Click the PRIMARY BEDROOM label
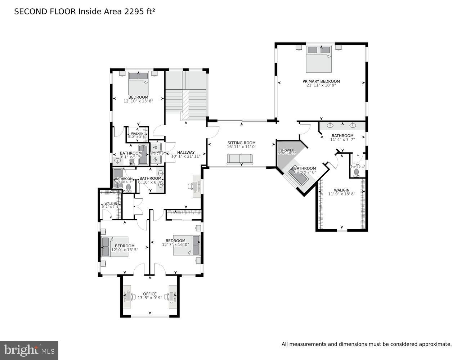tap(321, 81)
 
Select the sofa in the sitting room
tap(241, 159)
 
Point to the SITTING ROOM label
tap(241, 143)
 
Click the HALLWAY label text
tap(185, 152)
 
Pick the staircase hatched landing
tap(185, 105)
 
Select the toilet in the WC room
tap(357, 172)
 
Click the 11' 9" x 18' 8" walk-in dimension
tap(341, 194)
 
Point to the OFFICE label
tap(150, 294)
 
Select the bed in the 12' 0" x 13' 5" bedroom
tap(115, 247)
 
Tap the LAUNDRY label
tap(157, 152)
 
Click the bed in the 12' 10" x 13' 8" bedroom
tap(138, 82)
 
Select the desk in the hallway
tap(196, 186)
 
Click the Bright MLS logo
tap(29, 350)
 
